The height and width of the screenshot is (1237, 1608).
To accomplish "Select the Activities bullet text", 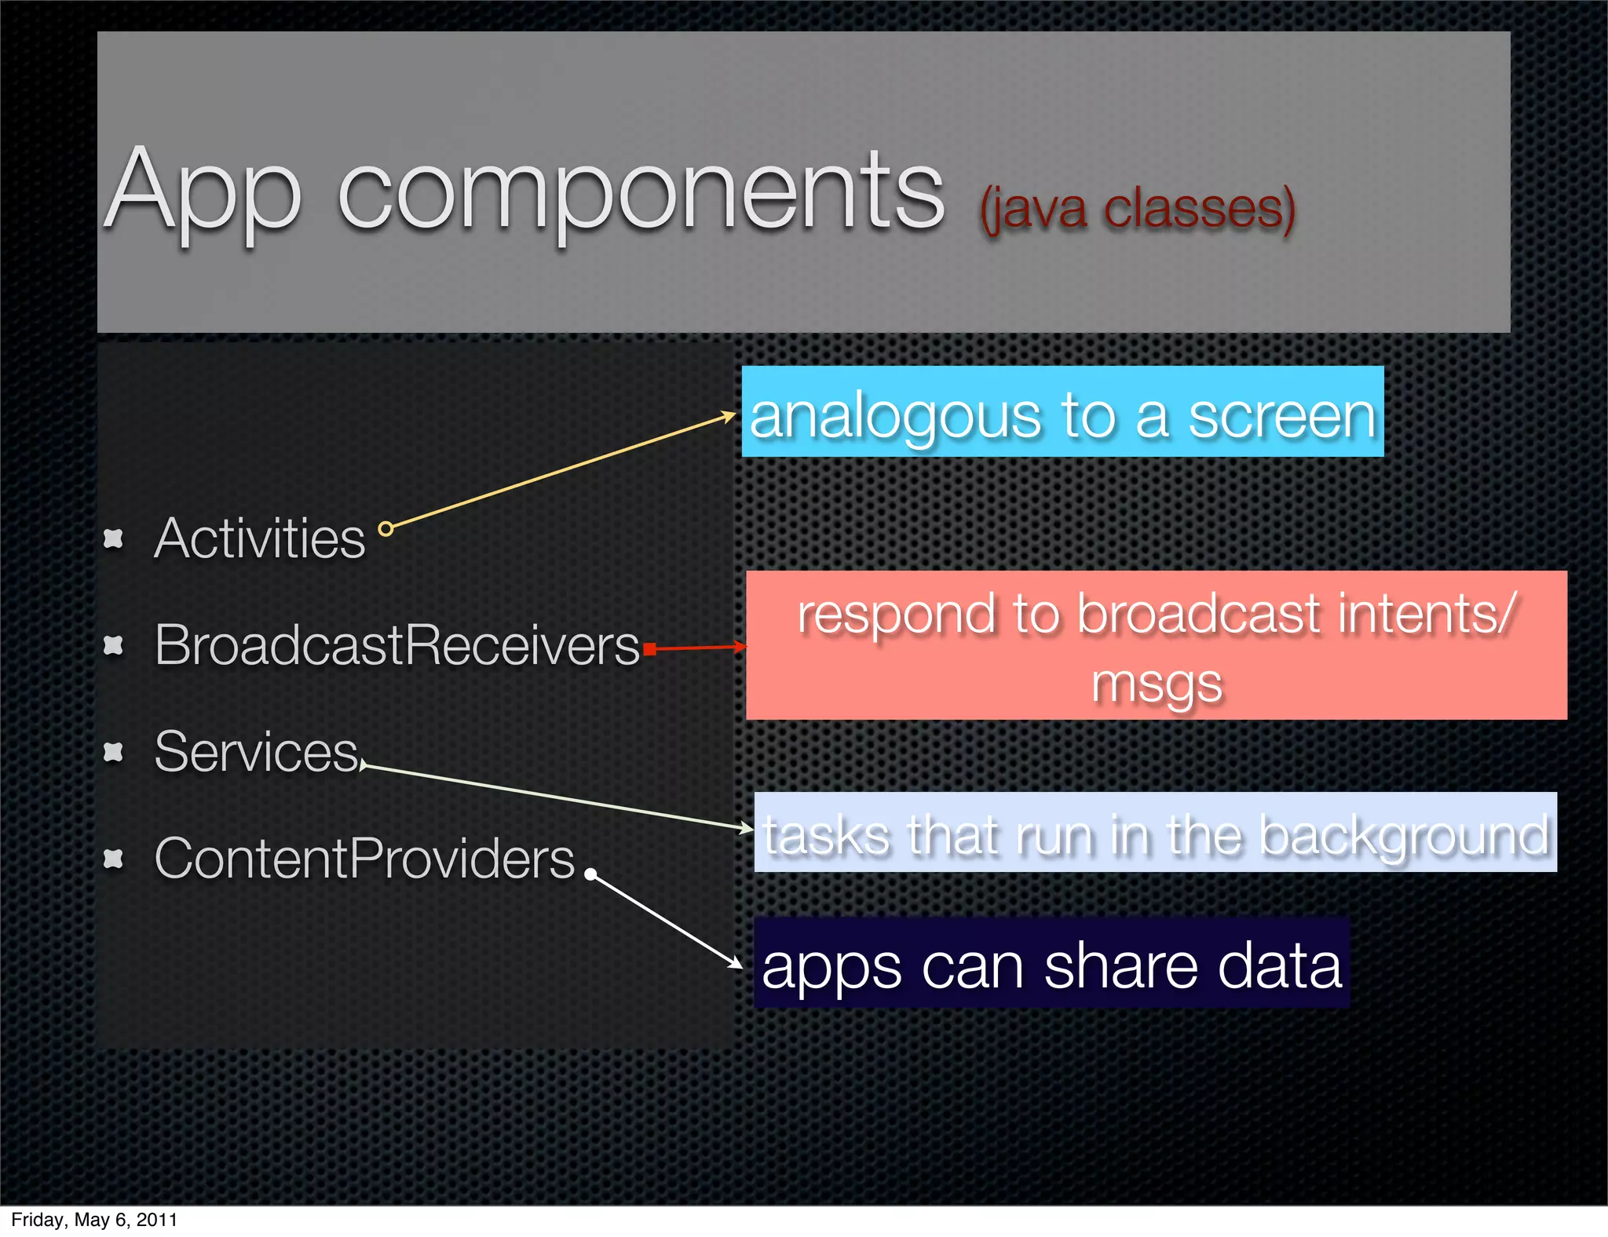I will pos(260,539).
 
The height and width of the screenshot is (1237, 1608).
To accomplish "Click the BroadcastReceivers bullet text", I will pos(397,645).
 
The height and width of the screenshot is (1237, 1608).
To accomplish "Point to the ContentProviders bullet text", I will pos(364,859).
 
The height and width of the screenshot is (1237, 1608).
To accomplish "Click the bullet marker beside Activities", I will pos(114,538).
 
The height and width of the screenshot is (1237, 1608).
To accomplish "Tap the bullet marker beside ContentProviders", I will pos(114,859).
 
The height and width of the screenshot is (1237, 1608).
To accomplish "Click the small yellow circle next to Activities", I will pos(386,529).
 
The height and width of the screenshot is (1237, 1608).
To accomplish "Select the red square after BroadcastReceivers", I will pos(649,648).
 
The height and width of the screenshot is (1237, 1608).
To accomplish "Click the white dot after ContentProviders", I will pos(590,874).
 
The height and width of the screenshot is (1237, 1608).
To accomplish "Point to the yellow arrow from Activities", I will pos(561,472).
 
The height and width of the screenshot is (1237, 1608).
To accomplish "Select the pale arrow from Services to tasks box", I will pos(557,797).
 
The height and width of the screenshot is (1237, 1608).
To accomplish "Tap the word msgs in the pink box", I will pos(1157,683).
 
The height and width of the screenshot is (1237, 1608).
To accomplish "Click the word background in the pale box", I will pos(1405,835).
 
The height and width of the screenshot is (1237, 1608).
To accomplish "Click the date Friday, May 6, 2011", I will pos(94,1220).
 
